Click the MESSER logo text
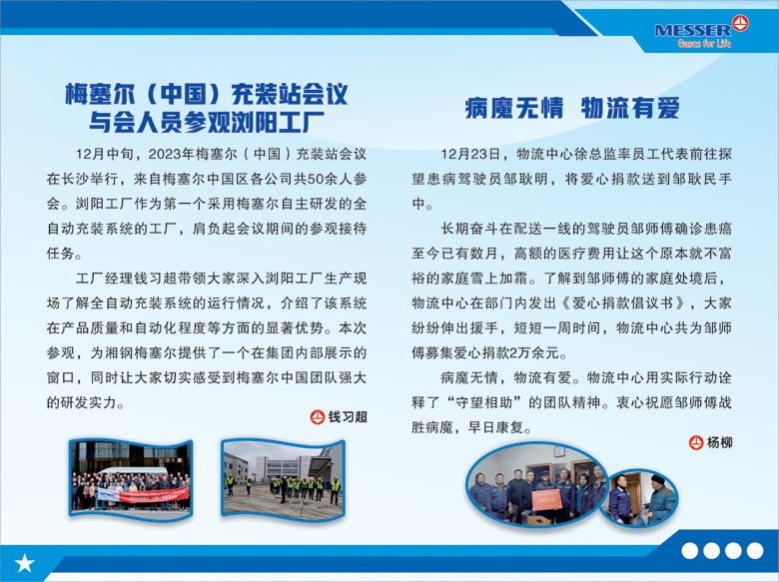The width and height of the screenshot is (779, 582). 692,30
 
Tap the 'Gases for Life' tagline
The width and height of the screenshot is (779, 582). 704,44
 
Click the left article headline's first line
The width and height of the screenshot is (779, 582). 207,94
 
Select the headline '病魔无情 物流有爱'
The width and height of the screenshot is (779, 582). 572,108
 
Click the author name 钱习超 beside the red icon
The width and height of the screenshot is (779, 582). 348,416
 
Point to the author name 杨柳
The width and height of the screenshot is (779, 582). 719,442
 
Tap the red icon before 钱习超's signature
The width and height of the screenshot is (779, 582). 318,416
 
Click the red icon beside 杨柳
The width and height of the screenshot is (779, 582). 696,442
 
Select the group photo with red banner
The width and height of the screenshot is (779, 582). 131,479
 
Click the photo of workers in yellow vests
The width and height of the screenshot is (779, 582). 283,479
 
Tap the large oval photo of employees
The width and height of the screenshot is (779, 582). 536,484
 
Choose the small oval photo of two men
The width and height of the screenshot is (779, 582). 640,497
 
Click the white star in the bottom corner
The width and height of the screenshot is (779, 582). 24,563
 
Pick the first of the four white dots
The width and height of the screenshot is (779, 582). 689,551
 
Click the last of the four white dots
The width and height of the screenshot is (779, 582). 755,551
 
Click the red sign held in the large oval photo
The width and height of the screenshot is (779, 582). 547,498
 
